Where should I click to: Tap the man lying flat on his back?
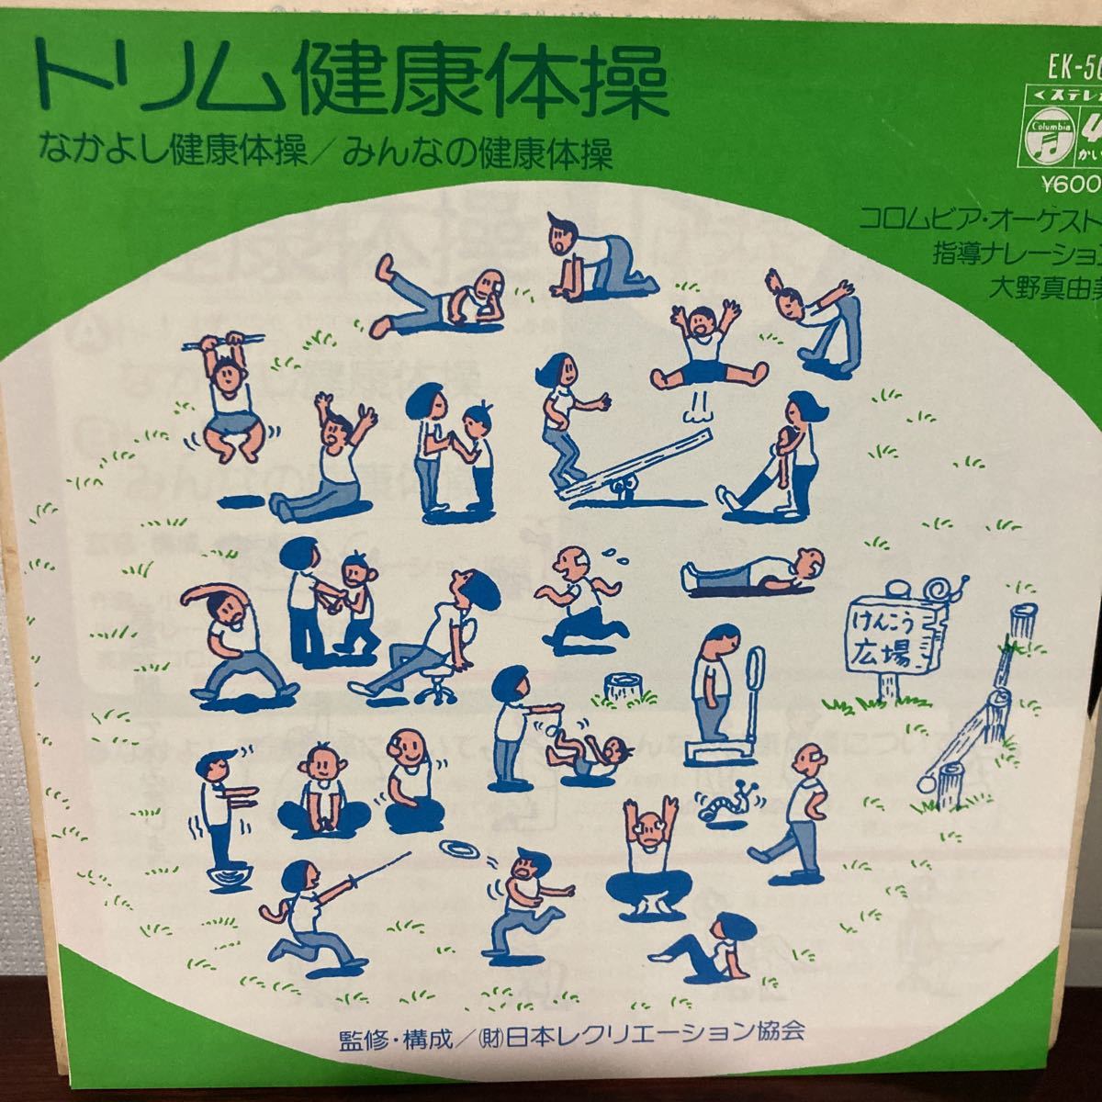(753, 575)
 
